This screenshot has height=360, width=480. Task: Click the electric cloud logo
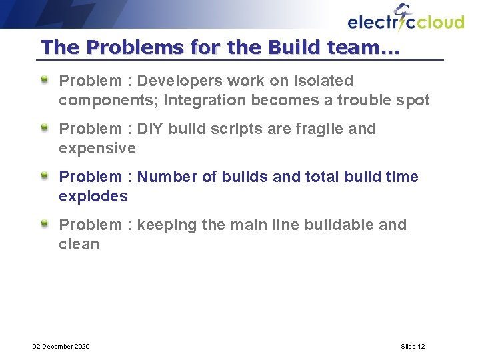coord(405,19)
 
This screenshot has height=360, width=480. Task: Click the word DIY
coord(150,129)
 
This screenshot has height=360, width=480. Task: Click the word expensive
coord(97,148)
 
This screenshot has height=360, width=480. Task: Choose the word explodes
coord(93,196)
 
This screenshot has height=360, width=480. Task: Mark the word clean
coord(79,244)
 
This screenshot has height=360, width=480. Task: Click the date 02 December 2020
coord(61,346)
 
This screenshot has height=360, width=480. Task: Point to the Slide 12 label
coord(413,346)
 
